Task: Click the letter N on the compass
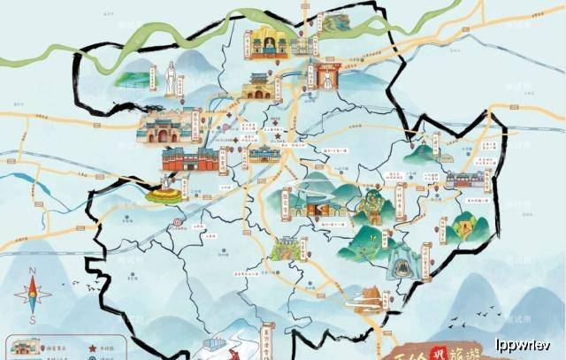(32, 272)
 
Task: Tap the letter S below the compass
(32, 319)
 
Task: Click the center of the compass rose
(32, 295)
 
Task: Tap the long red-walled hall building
(189, 159)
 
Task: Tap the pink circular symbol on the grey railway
(176, 222)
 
